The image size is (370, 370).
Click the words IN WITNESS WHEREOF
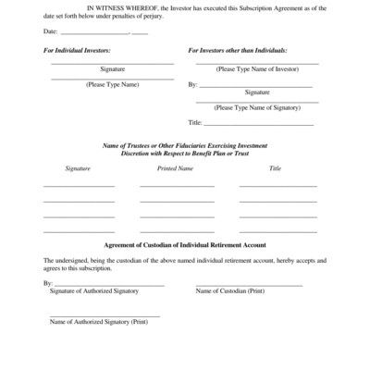pyautogui.click(x=117, y=6)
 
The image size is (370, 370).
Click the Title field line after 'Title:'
pyautogui.click(x=258, y=123)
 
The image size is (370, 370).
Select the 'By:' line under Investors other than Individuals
pyautogui.click(x=258, y=85)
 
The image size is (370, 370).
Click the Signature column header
pyautogui.click(x=79, y=169)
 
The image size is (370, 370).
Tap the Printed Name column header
pyautogui.click(x=176, y=169)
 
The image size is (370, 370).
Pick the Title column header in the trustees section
pyautogui.click(x=275, y=169)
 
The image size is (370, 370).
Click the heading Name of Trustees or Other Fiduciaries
pyautogui.click(x=184, y=146)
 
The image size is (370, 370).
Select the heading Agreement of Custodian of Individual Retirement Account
pyautogui.click(x=184, y=245)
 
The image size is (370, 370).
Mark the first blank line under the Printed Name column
pyautogui.click(x=177, y=186)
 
